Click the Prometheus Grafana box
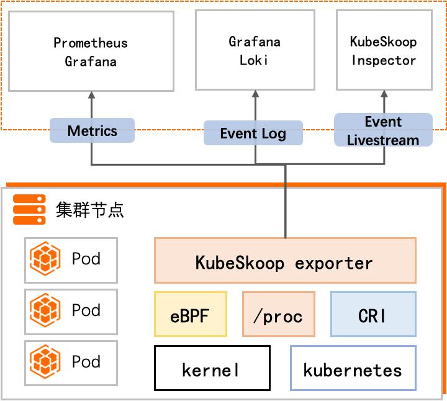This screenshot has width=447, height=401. pos(91,52)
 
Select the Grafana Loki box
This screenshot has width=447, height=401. pos(255,52)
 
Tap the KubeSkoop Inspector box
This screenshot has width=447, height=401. pos(384,52)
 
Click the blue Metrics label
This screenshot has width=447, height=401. pos(92,131)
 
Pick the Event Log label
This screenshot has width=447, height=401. pos(253,133)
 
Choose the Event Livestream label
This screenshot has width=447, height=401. pos(383,130)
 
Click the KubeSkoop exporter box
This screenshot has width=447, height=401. pos(285,262)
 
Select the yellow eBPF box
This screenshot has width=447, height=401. pos(191,315)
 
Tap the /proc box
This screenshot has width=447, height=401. pos(279,315)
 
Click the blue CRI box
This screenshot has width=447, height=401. pos(373,315)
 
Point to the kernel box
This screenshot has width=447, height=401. pos(212,369)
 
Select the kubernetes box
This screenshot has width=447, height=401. pos(353,369)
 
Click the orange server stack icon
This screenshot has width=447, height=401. pos(29,209)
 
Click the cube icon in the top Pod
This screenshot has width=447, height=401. pos(45,259)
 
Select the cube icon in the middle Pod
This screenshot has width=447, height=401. pos(45,310)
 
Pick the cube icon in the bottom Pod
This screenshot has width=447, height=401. pos(45,362)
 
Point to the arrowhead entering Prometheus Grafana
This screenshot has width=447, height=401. pos(92,96)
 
